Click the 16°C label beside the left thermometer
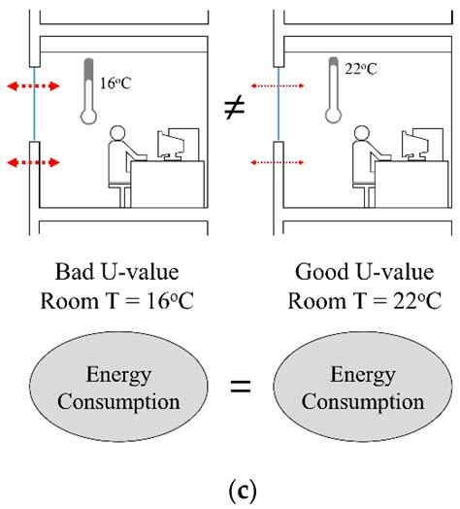click(115, 84)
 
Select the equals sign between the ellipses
click(234, 389)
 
